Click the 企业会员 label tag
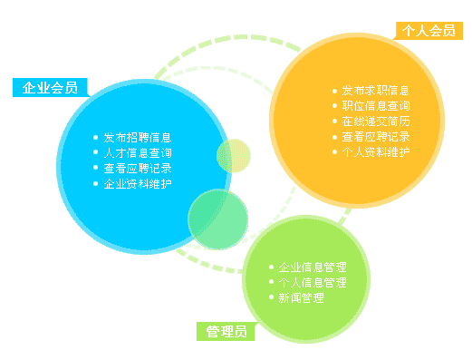click(x=49, y=88)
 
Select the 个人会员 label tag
click(x=429, y=31)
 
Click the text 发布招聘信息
click(x=138, y=138)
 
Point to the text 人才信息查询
click(x=138, y=153)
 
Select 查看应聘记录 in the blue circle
click(x=138, y=168)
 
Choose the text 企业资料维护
click(x=138, y=183)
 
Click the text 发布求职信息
click(x=376, y=91)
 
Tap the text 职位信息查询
click(x=376, y=106)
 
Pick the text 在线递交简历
click(x=376, y=122)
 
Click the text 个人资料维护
click(x=376, y=151)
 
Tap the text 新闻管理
click(x=301, y=297)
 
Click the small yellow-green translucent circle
click(x=233, y=155)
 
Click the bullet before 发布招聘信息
click(x=96, y=138)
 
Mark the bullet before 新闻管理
click(x=271, y=297)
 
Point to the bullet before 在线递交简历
click(x=334, y=122)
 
